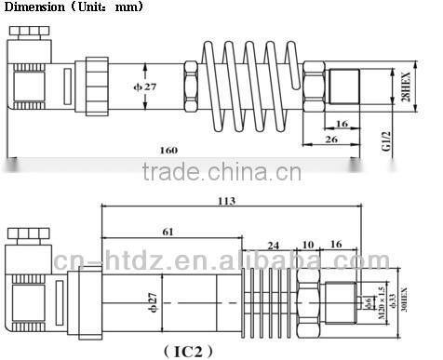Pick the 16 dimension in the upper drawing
coord(342,122)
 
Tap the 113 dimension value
coord(226,201)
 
